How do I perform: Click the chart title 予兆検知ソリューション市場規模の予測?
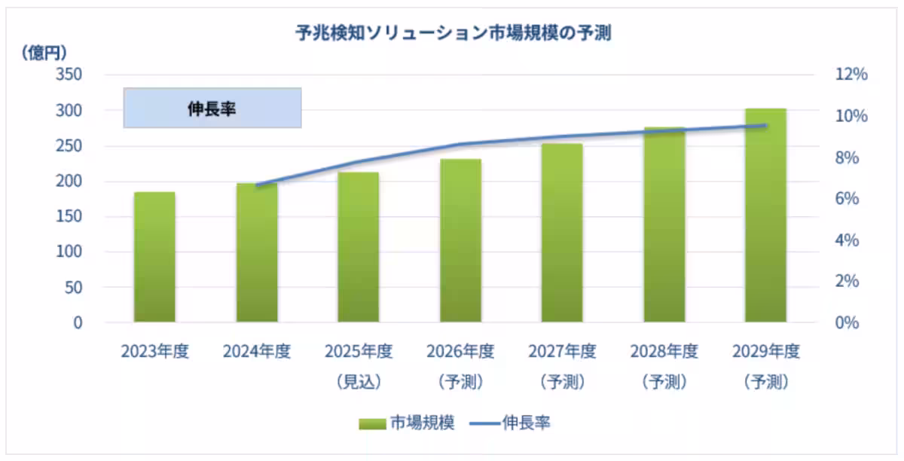452,33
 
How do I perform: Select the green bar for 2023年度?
154,257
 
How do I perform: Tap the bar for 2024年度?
257,253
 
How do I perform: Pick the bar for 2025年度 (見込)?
358,247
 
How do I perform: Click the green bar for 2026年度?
460,241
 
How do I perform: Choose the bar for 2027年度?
562,233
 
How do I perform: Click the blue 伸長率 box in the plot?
212,108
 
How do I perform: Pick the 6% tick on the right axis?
851,199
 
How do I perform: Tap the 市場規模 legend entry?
407,423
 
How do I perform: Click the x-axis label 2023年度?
154,352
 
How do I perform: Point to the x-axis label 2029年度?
765,352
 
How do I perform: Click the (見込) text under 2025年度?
359,382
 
